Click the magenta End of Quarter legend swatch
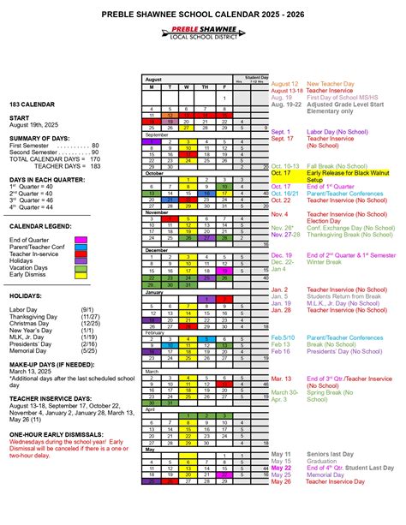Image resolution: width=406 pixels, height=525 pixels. pyautogui.click(x=81, y=240)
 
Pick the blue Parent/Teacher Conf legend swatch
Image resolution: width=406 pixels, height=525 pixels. pyautogui.click(x=81, y=247)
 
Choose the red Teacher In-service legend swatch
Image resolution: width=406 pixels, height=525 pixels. pyautogui.click(x=81, y=254)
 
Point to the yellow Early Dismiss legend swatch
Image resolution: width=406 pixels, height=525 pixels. pyautogui.click(x=81, y=275)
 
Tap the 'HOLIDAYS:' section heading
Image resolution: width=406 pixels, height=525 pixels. pyautogui.click(x=28, y=295)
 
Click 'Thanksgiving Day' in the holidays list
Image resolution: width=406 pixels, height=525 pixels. pyautogui.click(x=35, y=317)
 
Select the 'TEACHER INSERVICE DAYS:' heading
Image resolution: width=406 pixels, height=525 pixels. pyautogui.click(x=52, y=398)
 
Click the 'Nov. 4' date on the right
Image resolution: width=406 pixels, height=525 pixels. pyautogui.click(x=280, y=214)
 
